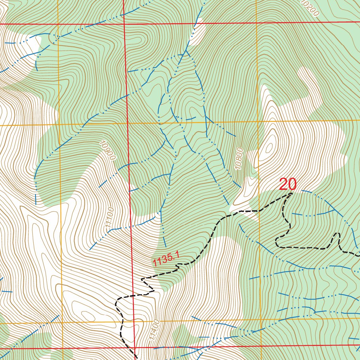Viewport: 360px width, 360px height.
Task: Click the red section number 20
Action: (x=288, y=185)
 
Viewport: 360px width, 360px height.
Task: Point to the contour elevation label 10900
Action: (x=108, y=150)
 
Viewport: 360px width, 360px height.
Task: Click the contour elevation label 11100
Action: (x=110, y=220)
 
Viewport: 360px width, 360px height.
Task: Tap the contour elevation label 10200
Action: (x=310, y=8)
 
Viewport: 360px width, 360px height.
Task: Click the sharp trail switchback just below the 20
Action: (x=292, y=193)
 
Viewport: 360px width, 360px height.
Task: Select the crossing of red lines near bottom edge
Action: (x=136, y=348)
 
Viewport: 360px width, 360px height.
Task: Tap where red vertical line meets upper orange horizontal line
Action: (x=127, y=123)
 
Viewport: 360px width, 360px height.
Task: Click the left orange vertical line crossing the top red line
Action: (x=57, y=24)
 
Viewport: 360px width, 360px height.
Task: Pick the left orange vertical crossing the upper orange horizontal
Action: (x=58, y=125)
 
